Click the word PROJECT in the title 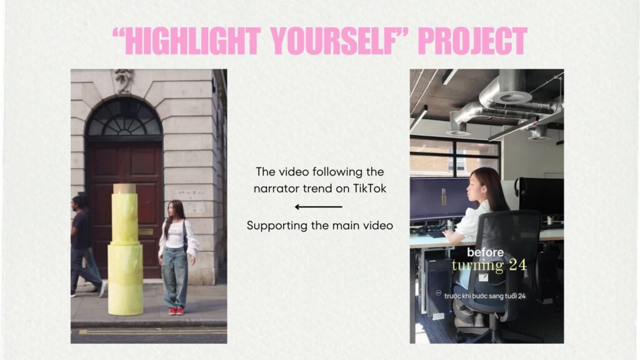[x=472, y=41]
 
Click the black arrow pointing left [x=318, y=207]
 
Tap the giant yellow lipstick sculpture [x=125, y=249]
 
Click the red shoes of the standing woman [x=176, y=311]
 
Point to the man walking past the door [x=84, y=245]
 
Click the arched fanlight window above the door [x=124, y=117]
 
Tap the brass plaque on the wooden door [x=145, y=232]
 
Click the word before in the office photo [x=485, y=252]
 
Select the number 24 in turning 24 [x=517, y=265]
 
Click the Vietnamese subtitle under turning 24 [x=485, y=296]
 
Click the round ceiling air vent [x=511, y=97]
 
